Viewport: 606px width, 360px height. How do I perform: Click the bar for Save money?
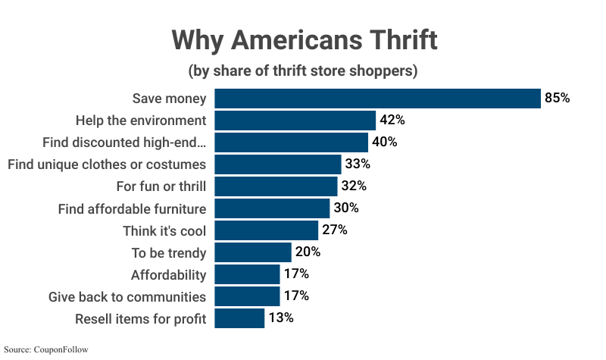377,99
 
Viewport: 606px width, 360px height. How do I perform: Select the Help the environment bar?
295,121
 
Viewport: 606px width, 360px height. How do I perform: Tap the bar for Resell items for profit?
239,318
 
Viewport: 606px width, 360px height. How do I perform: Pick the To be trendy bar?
253,252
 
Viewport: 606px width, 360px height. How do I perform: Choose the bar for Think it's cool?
266,230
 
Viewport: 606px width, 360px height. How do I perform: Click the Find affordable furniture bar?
272,208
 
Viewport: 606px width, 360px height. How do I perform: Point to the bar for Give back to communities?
247,296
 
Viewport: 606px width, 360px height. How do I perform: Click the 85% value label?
557,99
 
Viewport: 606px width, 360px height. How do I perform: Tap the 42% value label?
392,121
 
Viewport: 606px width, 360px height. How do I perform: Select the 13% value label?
281,318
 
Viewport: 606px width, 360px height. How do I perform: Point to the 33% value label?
358,164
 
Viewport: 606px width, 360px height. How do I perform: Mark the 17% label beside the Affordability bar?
296,274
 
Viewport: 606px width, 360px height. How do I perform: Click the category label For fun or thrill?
158,186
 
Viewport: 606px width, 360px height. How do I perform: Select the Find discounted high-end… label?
124,142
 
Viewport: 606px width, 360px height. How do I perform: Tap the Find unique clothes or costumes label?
107,164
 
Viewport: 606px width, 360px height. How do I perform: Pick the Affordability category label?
168,274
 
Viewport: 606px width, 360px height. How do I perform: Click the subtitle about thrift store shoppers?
303,71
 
